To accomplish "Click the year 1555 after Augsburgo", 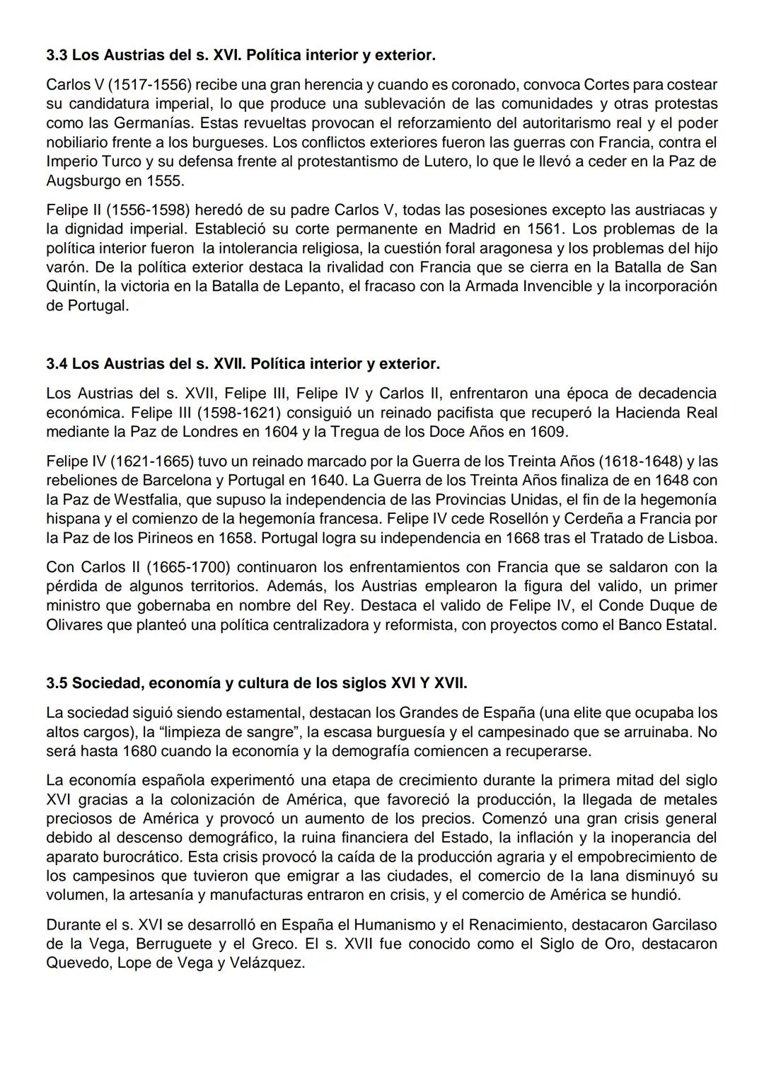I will pos(164,181).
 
